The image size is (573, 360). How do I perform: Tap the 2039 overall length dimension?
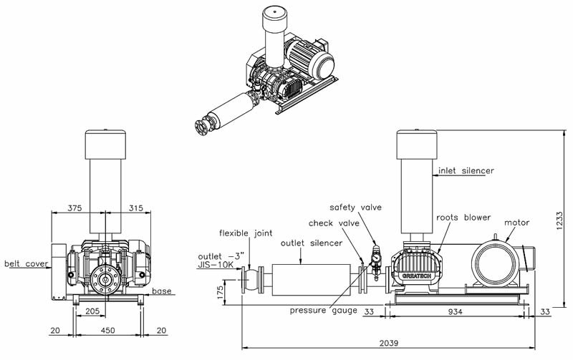point(390,343)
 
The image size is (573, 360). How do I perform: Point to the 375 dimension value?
point(75,208)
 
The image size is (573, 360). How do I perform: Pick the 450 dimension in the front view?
point(108,330)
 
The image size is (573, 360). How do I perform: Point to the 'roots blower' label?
point(463,217)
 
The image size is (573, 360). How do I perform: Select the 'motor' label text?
point(517,223)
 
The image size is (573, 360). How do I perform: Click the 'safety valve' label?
point(361,208)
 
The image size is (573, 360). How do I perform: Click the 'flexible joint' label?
point(245,233)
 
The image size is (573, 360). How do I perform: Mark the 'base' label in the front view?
point(162,291)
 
